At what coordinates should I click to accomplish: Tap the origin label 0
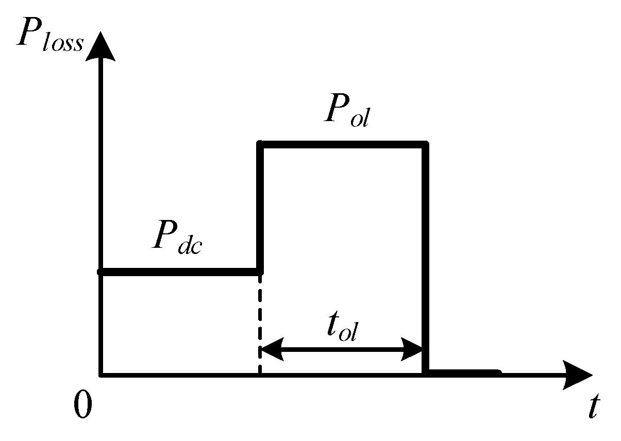click(x=82, y=405)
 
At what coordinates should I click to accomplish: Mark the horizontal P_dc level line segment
click(x=180, y=272)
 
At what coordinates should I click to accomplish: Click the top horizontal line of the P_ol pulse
click(x=343, y=145)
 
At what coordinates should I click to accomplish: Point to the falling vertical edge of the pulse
click(x=425, y=258)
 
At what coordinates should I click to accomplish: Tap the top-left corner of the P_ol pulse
click(x=261, y=145)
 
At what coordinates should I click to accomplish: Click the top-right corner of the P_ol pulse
click(x=425, y=145)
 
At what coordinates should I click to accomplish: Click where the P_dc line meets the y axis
click(x=102, y=272)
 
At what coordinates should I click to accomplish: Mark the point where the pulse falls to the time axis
click(x=425, y=372)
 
